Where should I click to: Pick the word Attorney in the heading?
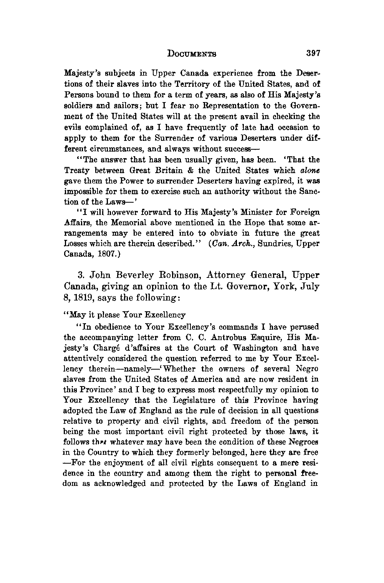click(x=226, y=276)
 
